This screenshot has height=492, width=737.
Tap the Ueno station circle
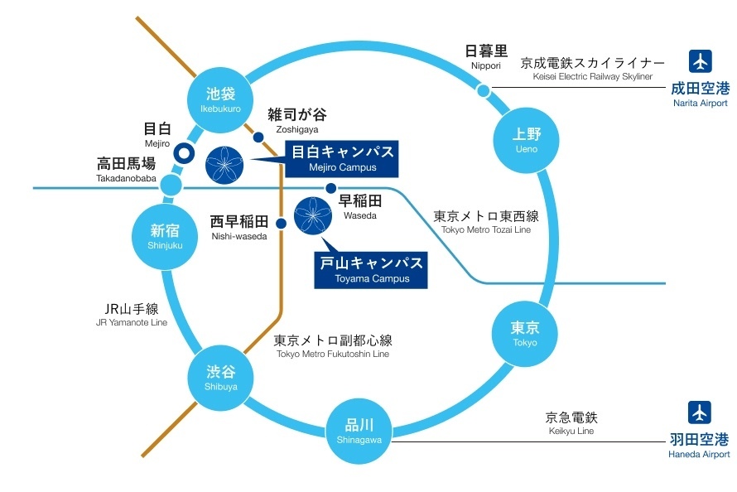point(526,139)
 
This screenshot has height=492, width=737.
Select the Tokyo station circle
point(525,332)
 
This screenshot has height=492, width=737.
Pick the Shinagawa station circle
point(359,430)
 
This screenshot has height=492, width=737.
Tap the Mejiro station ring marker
point(183,153)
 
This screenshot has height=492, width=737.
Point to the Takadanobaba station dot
point(171,186)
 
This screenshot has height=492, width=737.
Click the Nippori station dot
point(484,89)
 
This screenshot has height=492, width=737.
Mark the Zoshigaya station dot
point(258,137)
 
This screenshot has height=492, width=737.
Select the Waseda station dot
point(330,189)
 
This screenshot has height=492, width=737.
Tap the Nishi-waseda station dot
point(281,223)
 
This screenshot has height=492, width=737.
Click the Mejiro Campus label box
point(341,158)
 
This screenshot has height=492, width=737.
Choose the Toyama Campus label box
point(371,270)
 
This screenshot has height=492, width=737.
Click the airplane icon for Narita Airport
point(700,63)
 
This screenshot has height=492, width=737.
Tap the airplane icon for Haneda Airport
point(700,412)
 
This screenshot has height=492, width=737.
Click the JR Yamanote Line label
point(132,316)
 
